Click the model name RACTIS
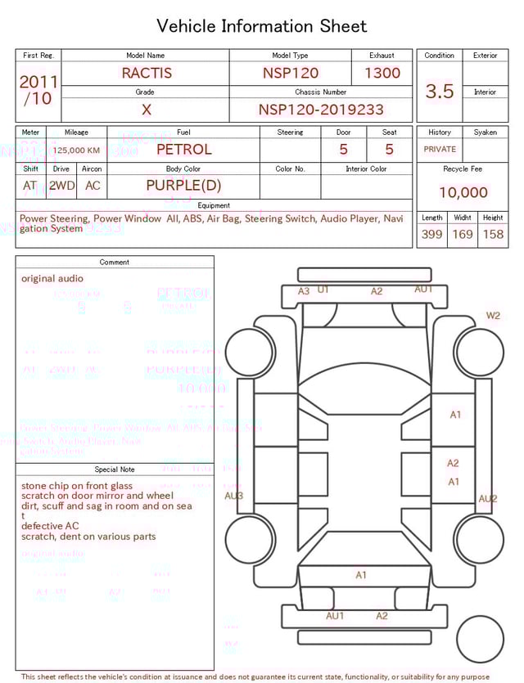[x=147, y=73]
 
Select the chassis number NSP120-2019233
[x=321, y=110]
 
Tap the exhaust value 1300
[x=382, y=73]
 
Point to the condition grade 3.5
[x=440, y=91]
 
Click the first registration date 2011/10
[x=38, y=90]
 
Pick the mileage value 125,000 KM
[x=76, y=151]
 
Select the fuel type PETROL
[x=183, y=150]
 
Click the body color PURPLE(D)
[x=183, y=186]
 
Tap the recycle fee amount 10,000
[x=463, y=193]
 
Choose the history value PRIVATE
[x=440, y=150]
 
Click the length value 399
[x=431, y=235]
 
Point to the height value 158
[x=493, y=235]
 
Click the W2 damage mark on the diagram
[x=493, y=316]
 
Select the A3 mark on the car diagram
[x=304, y=291]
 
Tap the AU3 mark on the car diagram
[x=234, y=496]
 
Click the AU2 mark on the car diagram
[x=487, y=498]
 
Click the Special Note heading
[x=115, y=470]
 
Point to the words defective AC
[x=50, y=526]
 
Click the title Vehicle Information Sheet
[x=262, y=26]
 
